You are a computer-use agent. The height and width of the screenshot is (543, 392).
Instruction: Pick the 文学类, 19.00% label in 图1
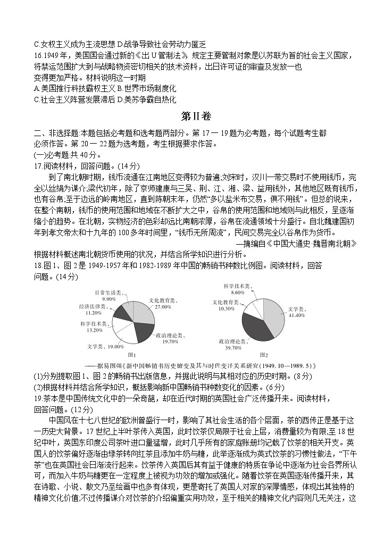(x=105, y=346)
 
